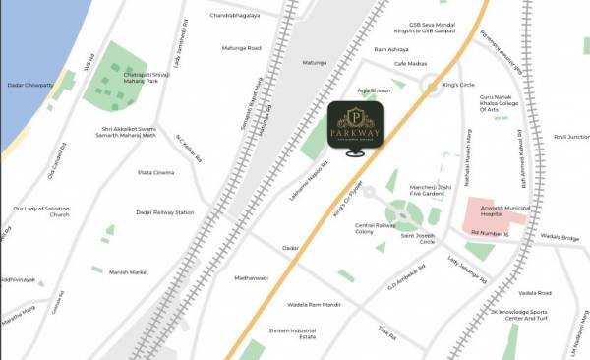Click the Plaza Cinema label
(155, 172)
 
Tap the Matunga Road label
(240, 47)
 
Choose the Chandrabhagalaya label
(237, 17)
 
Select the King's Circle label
(459, 85)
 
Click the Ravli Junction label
(571, 137)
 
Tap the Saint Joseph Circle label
(415, 238)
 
